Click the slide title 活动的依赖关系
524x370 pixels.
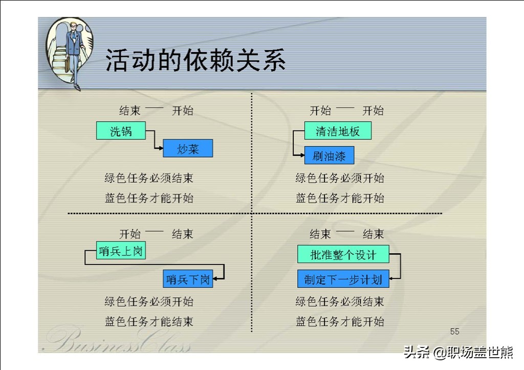(195, 60)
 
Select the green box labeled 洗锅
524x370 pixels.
(121, 130)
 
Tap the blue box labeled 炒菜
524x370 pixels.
(188, 148)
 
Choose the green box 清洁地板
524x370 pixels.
(338, 130)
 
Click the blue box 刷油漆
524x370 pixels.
(329, 156)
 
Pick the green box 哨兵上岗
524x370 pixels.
(121, 250)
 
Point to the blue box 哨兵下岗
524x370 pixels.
(188, 279)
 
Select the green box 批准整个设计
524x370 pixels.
(343, 254)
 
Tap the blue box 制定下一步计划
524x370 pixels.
(343, 279)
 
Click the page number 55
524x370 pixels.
(454, 332)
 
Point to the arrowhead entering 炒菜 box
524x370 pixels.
(161, 148)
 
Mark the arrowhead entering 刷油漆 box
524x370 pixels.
(302, 155)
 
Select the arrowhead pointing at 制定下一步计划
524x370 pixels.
(391, 278)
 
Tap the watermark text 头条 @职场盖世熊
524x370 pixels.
(458, 352)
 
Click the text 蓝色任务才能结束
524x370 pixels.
(149, 321)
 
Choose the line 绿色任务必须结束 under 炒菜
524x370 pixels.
(149, 178)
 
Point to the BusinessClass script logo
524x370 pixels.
(117, 339)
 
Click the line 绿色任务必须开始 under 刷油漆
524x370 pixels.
(340, 178)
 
